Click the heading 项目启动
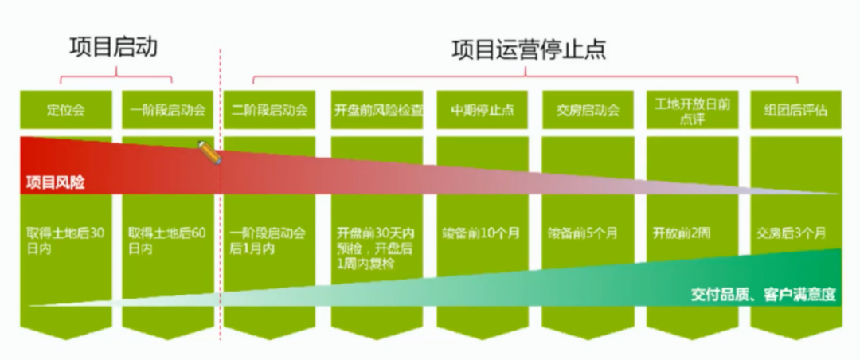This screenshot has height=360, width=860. click(112, 47)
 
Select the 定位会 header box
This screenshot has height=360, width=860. click(66, 110)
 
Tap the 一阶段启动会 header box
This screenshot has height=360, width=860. click(168, 110)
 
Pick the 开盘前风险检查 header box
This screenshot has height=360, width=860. click(379, 110)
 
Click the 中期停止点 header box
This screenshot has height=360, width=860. click(483, 110)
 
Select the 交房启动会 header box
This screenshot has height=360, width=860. click(588, 110)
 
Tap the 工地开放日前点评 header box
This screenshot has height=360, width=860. click(693, 110)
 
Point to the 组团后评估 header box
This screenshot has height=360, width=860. click(795, 110)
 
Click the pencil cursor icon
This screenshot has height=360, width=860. click(210, 152)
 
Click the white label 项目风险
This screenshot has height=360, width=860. click(55, 182)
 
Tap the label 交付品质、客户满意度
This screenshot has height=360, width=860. click(762, 295)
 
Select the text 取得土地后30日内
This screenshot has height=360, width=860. click(65, 241)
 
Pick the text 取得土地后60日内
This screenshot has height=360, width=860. click(167, 241)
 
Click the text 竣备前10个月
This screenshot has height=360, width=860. click(482, 234)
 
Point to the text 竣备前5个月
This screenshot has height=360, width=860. click(587, 234)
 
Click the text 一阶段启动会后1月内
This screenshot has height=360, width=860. click(268, 241)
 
